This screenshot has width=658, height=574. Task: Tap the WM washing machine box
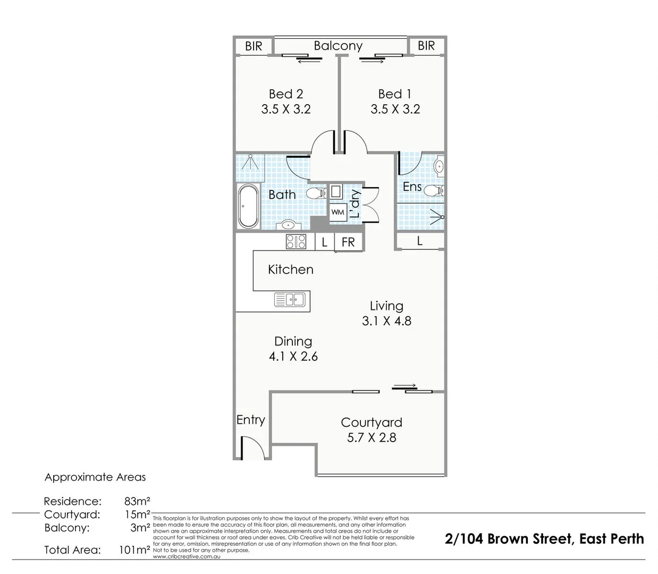point(338,212)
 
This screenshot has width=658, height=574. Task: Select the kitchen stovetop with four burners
point(296,242)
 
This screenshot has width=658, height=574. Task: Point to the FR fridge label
point(348,242)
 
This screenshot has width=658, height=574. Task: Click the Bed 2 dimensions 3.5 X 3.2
point(286,109)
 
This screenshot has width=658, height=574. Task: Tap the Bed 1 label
point(395,94)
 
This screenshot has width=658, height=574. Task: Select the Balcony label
point(338,46)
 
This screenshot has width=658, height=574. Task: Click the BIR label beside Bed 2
point(254,46)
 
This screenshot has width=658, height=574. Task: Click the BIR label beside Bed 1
point(426,46)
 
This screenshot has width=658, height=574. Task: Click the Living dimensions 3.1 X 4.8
point(386,321)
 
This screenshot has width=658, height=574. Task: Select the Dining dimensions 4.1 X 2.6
point(293,357)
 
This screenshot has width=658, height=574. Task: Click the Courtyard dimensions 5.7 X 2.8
point(372,438)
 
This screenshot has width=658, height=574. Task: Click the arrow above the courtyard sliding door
point(405,385)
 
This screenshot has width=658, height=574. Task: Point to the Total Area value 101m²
point(134,550)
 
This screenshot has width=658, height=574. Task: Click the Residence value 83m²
point(137,501)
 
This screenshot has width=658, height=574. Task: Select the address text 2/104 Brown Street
point(509,539)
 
